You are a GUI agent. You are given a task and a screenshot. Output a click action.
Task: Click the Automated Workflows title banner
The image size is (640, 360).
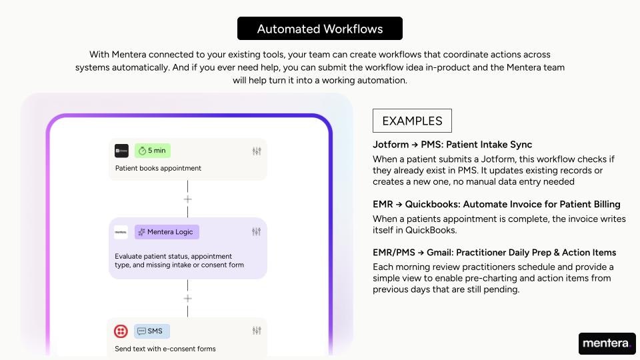point(319,29)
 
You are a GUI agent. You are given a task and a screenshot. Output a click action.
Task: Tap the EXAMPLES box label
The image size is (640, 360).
point(412,121)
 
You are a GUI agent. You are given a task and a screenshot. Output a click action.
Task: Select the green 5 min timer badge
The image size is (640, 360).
point(153,151)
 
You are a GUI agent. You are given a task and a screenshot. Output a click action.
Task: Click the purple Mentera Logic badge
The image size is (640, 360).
point(167,232)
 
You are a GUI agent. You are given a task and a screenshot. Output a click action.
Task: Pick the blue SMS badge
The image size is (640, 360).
point(152,331)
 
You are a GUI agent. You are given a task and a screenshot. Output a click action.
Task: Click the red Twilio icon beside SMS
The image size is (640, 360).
point(121,331)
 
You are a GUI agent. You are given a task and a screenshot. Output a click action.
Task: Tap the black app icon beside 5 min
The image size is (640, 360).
point(121,151)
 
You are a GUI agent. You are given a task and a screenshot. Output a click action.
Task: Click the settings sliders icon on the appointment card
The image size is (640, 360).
point(257,151)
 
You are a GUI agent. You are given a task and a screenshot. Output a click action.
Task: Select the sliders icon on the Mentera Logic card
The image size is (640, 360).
point(256,232)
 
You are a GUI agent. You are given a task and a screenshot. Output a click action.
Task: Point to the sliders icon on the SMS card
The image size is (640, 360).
point(257,331)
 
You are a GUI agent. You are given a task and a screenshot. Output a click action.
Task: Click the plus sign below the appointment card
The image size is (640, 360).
point(188,199)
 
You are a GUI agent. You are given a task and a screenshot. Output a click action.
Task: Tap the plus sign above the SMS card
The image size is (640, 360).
point(188,299)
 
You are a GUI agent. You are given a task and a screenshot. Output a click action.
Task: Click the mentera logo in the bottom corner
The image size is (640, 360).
point(607,343)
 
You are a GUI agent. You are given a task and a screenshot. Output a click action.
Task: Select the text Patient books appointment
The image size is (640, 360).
point(159,168)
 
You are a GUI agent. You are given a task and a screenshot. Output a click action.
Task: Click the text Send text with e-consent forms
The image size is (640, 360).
point(165,349)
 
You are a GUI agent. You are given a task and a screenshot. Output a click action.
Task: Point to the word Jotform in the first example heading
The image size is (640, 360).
point(391,145)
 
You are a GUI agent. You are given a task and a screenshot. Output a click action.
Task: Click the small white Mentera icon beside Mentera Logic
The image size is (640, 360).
point(121,232)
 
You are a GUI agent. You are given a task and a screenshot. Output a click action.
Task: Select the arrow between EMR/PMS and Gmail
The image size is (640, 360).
point(421,253)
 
